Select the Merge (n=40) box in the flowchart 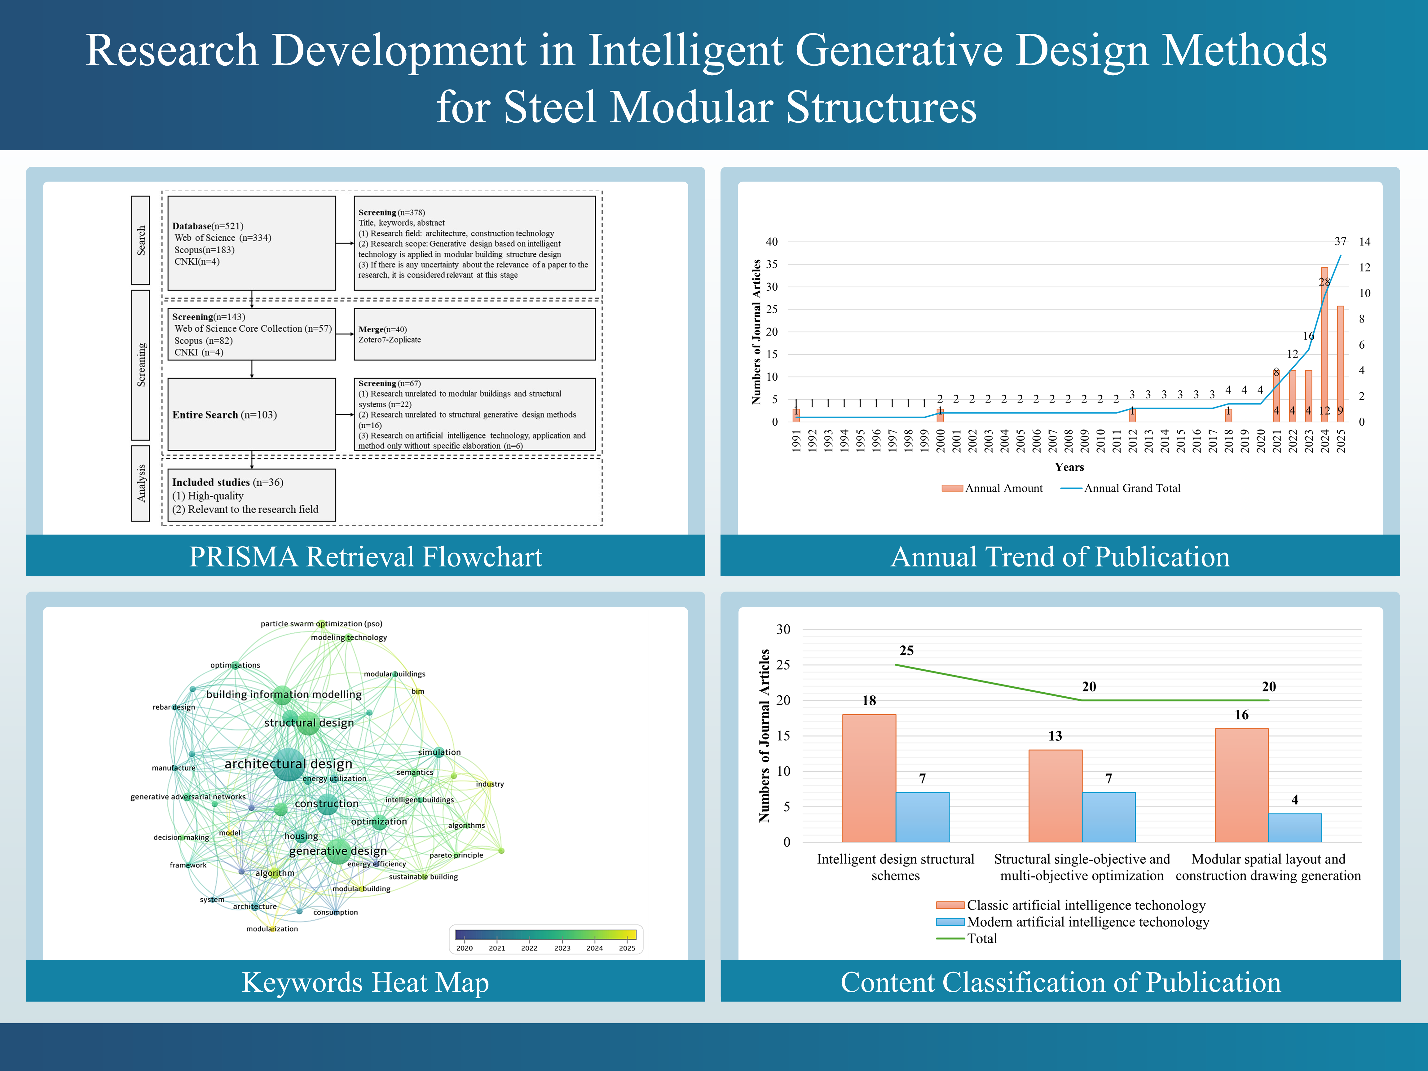(474, 334)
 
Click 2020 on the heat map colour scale (464, 948)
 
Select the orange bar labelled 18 (869, 778)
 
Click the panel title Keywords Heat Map (365, 982)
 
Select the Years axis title (1069, 467)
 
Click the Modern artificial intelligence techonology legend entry (1073, 922)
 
